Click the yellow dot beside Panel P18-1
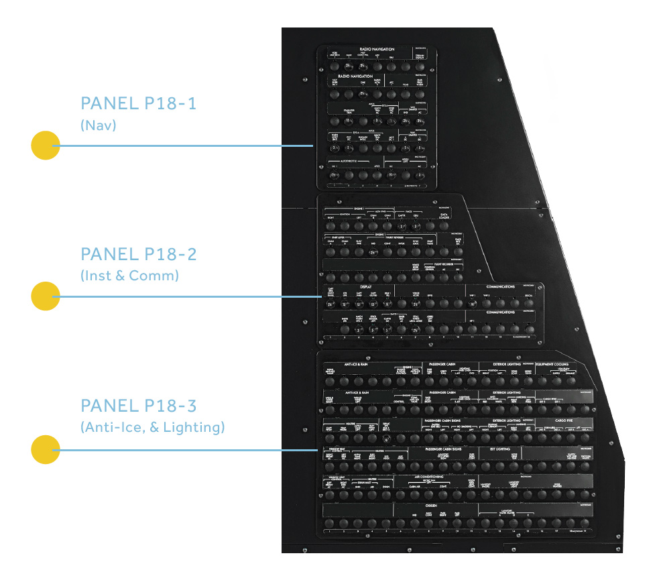46,146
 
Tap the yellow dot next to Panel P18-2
46,296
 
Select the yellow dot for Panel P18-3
46,449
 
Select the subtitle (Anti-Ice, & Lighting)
152,426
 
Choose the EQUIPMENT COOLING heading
551,364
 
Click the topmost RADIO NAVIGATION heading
377,50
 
